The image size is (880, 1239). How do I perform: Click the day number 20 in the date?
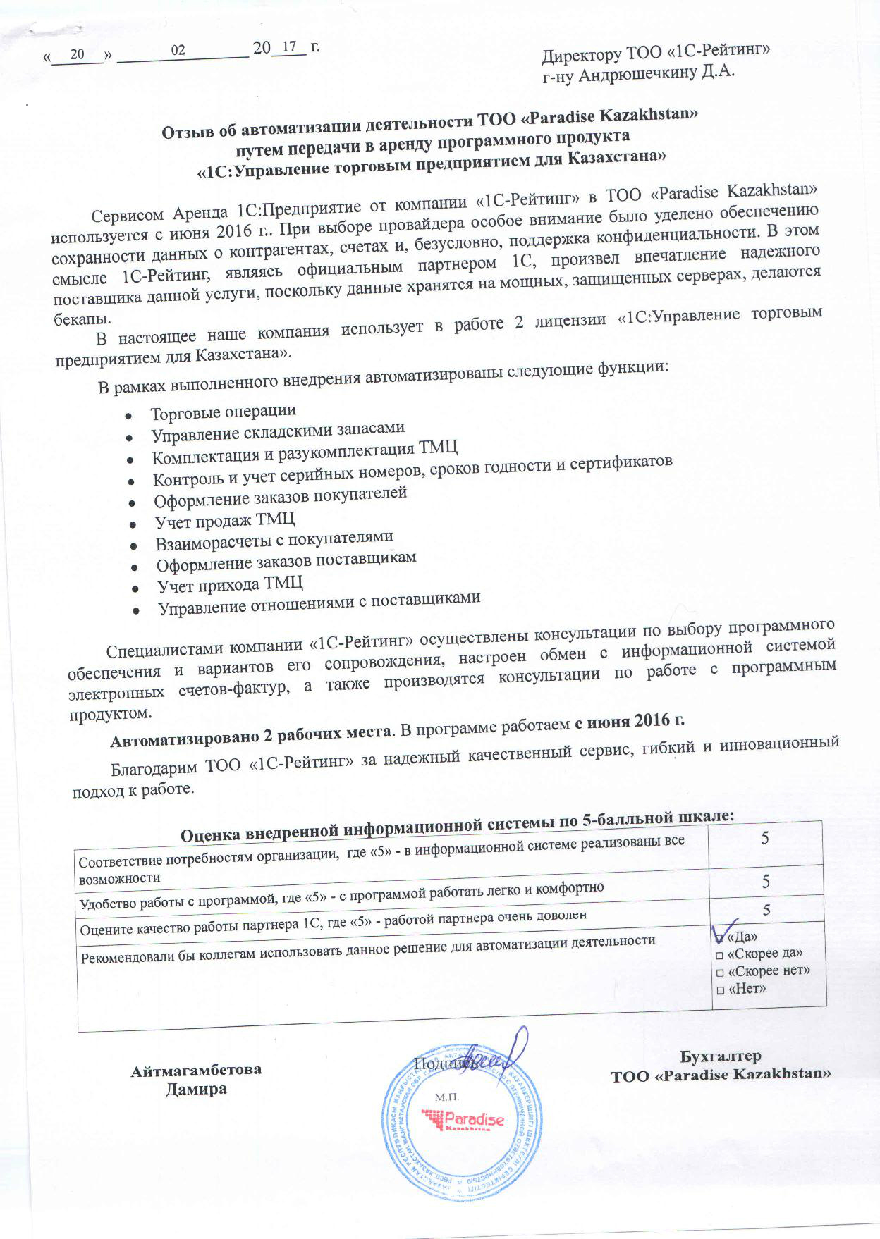78,54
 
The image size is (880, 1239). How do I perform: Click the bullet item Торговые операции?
223,412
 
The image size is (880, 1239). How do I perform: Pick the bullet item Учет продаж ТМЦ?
225,522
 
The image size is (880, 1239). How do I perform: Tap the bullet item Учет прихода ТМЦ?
230,585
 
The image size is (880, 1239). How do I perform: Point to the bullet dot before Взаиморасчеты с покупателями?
133,545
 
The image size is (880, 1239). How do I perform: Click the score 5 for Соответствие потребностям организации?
765,839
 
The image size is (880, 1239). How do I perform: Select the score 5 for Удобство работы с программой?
765,882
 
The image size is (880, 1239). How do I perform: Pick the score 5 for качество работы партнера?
766,910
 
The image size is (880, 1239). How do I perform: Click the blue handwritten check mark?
726,930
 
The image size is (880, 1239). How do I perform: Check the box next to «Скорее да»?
720,955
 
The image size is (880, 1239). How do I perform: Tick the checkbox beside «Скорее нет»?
720,973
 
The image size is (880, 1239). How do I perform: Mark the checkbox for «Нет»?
720,990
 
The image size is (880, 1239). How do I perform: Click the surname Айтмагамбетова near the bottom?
196,1070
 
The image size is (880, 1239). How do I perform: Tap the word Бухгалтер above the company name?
720,1056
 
